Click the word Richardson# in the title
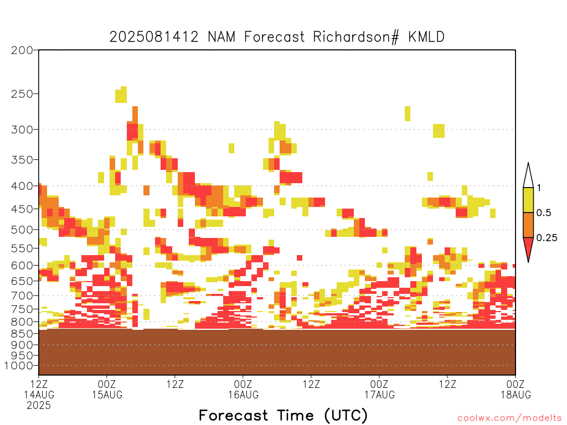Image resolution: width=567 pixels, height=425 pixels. pos(356,37)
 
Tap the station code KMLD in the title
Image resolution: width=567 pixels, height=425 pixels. pos(426,37)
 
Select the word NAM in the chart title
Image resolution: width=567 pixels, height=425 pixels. pos(221,37)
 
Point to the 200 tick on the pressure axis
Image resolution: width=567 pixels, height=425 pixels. pos(22,50)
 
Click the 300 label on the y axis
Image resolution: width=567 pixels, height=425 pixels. pos(22,129)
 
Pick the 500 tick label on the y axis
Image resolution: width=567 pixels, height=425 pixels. pos(22,230)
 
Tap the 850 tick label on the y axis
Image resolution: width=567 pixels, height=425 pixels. pos(22,333)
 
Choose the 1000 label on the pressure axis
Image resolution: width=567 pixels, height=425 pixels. pos(19,366)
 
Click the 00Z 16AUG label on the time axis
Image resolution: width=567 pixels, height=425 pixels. pos(243,389)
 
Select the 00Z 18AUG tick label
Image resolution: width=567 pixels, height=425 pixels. pos(516,389)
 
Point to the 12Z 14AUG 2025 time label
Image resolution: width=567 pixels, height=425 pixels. pos(39,395)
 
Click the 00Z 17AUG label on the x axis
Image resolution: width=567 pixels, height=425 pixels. pos(379,389)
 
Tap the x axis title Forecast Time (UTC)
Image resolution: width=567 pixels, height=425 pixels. pos(283,416)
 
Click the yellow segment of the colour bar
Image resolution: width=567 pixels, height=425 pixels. pos(528,200)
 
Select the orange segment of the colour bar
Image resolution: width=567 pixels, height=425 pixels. pos(528,225)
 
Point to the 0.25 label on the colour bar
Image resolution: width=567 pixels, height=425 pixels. pos(547,237)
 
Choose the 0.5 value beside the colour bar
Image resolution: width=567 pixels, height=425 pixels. pos(544,212)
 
